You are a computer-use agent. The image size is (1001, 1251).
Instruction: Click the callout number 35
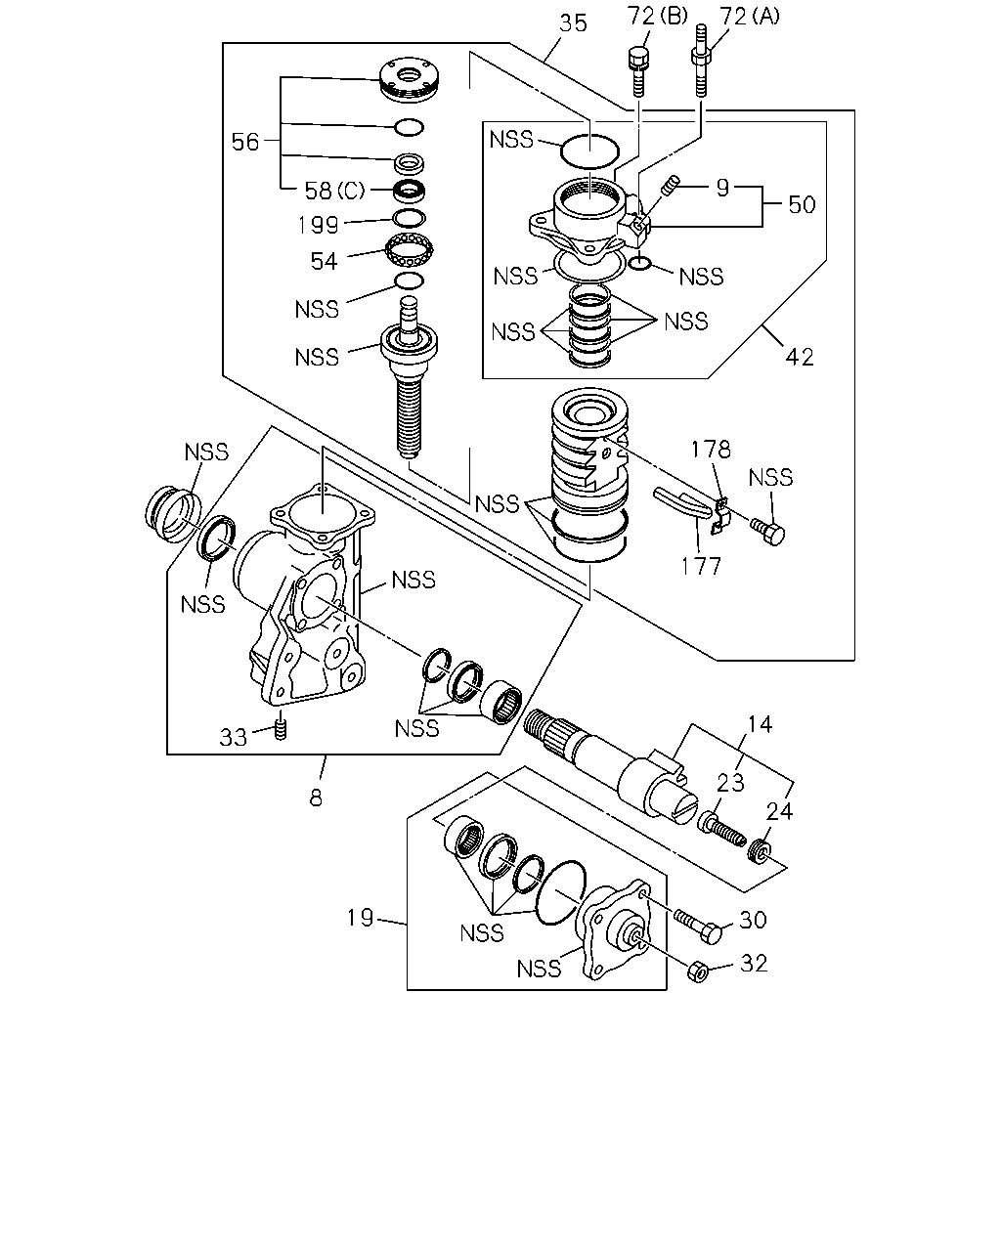click(x=573, y=23)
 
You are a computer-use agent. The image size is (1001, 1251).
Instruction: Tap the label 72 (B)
click(x=657, y=17)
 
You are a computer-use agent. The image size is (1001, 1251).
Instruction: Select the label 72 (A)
click(x=750, y=17)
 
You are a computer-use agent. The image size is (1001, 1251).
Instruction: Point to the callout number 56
click(x=244, y=142)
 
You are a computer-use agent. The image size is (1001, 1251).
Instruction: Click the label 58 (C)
click(x=334, y=191)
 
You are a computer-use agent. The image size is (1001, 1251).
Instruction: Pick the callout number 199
click(x=318, y=225)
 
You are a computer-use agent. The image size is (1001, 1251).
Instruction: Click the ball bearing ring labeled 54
click(x=410, y=250)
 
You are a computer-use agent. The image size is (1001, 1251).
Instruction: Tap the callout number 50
click(x=803, y=204)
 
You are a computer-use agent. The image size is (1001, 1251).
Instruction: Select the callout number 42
click(x=800, y=357)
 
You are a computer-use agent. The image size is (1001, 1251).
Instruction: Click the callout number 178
click(x=711, y=450)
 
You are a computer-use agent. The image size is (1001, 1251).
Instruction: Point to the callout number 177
click(x=702, y=566)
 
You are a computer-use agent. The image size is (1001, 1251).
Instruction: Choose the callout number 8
click(x=316, y=798)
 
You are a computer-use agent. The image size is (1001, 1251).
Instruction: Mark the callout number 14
click(x=760, y=724)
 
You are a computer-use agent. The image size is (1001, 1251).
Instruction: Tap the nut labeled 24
click(x=759, y=851)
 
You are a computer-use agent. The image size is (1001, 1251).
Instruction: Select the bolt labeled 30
click(x=699, y=927)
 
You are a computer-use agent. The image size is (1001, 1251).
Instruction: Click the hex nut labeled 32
click(x=697, y=971)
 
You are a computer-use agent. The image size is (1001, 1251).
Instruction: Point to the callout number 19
click(x=360, y=918)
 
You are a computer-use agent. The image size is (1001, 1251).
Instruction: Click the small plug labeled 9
click(x=672, y=185)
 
